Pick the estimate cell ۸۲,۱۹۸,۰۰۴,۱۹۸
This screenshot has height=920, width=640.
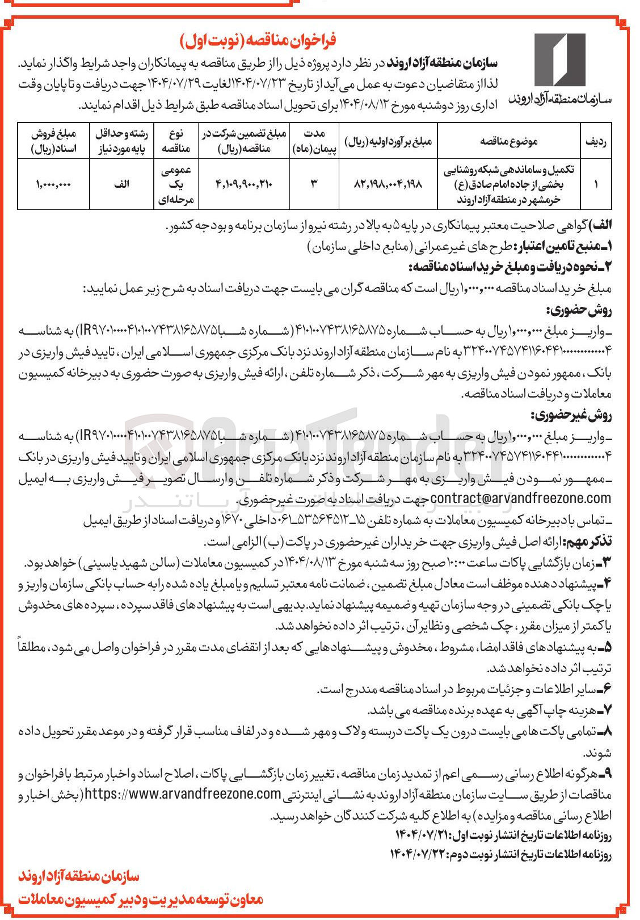[x=388, y=184]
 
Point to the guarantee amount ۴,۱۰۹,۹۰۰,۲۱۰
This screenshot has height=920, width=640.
[x=245, y=184]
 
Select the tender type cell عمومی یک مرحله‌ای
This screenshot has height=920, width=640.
[x=176, y=184]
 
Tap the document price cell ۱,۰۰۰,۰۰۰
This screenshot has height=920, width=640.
[x=54, y=184]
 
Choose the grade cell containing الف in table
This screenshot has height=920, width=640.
[x=121, y=184]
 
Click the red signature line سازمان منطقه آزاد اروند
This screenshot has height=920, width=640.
[x=79, y=877]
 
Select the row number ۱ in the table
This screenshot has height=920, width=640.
[x=595, y=184]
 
